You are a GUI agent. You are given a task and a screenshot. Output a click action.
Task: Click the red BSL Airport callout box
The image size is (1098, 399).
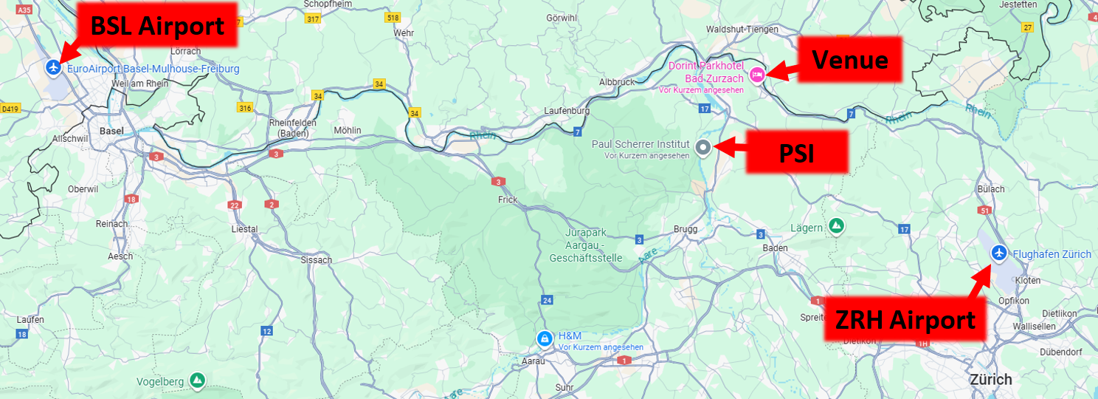coord(156,27)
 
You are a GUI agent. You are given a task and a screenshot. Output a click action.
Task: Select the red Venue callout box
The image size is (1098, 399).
coord(849,59)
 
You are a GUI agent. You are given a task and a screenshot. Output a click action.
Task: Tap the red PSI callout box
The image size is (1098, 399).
coord(798,153)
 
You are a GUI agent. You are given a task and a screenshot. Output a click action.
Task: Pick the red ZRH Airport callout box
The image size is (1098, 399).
coord(905,320)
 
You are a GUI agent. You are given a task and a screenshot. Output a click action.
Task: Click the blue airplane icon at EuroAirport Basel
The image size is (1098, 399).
coord(52,67)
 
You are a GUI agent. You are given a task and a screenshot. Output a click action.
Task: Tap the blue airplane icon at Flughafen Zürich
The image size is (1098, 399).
coord(999,253)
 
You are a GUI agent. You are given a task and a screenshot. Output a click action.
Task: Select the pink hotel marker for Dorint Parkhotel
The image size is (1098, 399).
coord(756,75)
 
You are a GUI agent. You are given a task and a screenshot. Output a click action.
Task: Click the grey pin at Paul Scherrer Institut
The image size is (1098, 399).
coord(703,147)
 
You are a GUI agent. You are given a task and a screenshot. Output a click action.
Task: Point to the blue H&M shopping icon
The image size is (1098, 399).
coord(544,338)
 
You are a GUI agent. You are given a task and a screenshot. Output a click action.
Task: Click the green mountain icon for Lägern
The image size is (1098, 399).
coord(836,225)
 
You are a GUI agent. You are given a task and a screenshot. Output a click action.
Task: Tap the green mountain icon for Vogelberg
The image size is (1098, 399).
coord(196,381)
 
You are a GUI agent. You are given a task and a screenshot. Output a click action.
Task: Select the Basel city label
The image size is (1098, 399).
coord(111,131)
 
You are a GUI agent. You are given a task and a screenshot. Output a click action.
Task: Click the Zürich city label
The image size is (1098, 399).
coord(991,379)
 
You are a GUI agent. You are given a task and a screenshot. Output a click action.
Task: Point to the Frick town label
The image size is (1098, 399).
coord(508,199)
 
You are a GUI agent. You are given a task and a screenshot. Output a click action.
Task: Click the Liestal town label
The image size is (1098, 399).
coord(244,229)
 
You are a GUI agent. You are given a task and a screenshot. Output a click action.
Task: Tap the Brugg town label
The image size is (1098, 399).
coord(686,229)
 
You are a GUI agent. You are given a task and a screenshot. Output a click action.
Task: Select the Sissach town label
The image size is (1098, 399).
coord(317,260)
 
